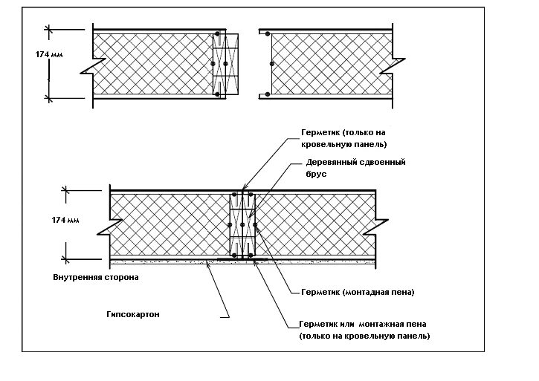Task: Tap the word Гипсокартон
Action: click(x=133, y=315)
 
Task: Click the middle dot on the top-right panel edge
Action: click(x=271, y=64)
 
